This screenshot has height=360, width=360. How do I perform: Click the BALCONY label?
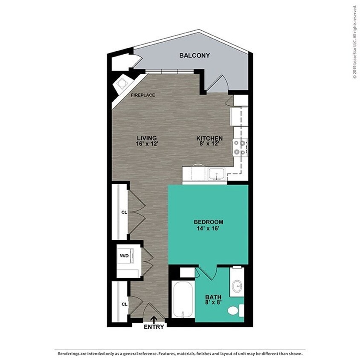click(x=195, y=55)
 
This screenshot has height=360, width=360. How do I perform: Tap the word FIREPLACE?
click(x=143, y=95)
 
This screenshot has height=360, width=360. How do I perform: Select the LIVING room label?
click(x=147, y=138)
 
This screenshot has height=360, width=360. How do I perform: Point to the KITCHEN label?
click(x=209, y=138)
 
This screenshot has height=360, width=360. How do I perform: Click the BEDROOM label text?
click(x=209, y=222)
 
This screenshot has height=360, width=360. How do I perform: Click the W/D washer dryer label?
click(x=124, y=256)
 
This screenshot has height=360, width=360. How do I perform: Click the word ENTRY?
click(x=154, y=327)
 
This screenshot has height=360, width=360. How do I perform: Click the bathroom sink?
click(x=237, y=285)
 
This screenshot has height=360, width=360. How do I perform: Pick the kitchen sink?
click(x=216, y=174)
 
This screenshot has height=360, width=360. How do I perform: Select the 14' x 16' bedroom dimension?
click(x=209, y=228)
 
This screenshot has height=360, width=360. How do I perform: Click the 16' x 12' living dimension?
click(x=147, y=144)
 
